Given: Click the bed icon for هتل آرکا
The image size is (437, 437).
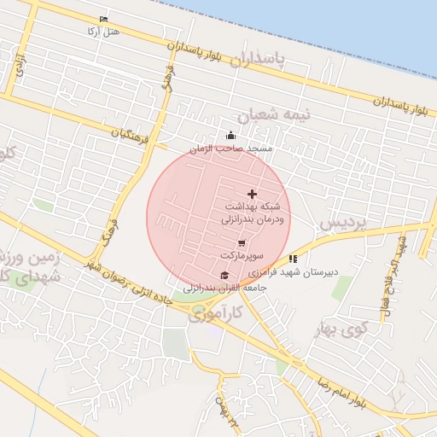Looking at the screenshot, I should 104,19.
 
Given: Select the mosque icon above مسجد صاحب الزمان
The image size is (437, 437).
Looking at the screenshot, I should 230,135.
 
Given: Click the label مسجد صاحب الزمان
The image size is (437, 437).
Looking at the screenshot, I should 230,149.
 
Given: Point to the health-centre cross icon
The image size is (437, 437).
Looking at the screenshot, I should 251,195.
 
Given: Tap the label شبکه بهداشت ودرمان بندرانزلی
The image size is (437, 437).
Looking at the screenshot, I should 253,213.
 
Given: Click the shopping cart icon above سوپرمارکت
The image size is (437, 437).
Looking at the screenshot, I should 242,244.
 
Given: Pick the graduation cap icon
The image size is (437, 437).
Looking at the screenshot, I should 224,275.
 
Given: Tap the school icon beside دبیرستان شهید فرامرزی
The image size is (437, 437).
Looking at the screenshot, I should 293,258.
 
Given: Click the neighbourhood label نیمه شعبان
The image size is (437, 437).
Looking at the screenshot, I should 274,114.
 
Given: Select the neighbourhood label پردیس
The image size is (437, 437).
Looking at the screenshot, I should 342,223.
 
